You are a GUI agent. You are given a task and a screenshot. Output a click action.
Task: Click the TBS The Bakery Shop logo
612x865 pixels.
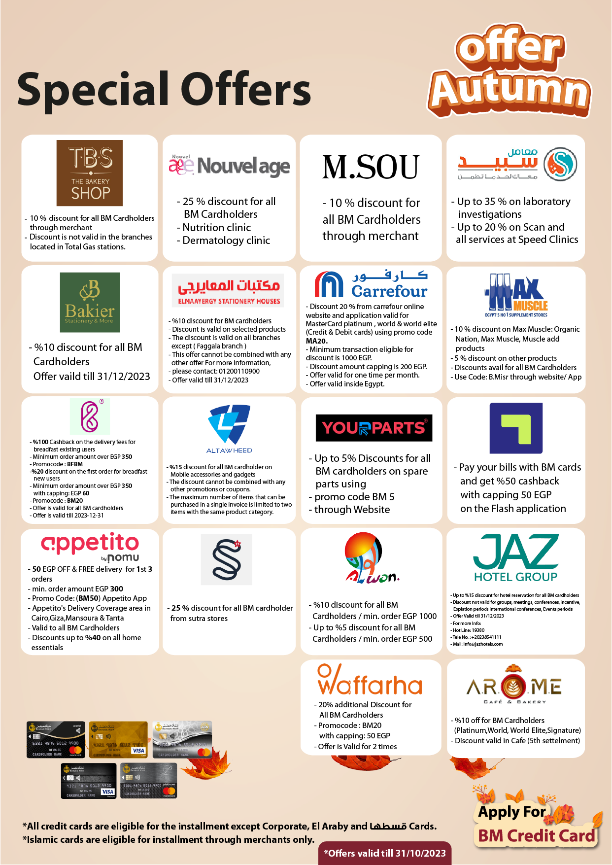(x=90, y=173)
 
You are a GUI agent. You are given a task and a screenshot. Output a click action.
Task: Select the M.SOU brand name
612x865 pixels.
(x=371, y=167)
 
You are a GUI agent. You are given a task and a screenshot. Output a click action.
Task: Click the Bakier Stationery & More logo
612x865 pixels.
(x=90, y=302)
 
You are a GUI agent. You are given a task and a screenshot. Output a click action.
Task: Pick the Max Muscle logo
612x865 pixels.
(x=516, y=295)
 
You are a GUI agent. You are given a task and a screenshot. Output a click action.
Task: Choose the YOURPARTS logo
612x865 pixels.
(x=374, y=428)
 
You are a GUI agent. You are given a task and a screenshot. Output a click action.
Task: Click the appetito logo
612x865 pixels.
(x=90, y=546)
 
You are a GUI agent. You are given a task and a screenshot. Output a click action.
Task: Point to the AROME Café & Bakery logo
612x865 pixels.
(x=514, y=686)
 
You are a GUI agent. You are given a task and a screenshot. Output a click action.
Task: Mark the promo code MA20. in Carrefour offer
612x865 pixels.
(x=317, y=341)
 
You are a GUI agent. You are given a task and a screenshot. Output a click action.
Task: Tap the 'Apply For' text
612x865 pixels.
(x=511, y=811)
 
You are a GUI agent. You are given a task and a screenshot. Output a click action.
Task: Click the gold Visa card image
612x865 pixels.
(x=118, y=739)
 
